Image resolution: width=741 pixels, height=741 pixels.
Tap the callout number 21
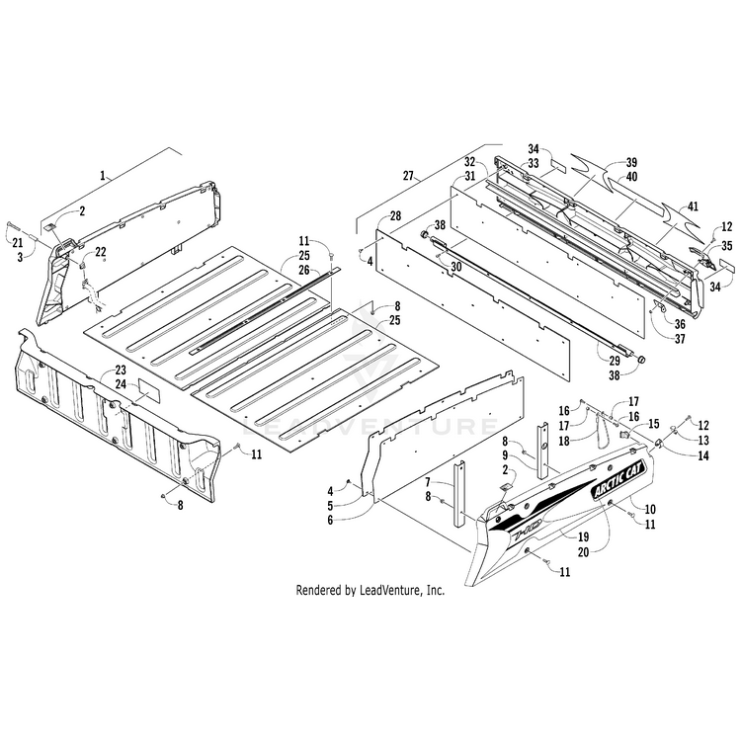pyautogui.click(x=16, y=243)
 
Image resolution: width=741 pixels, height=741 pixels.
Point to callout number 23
pyautogui.click(x=121, y=371)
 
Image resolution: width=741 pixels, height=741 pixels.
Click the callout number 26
pyautogui.click(x=305, y=269)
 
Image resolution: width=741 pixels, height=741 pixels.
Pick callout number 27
pyautogui.click(x=408, y=176)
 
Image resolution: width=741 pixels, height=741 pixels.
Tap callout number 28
pyautogui.click(x=368, y=215)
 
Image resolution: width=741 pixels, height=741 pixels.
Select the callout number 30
pyautogui.click(x=455, y=267)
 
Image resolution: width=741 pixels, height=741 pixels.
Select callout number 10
pyautogui.click(x=650, y=508)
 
